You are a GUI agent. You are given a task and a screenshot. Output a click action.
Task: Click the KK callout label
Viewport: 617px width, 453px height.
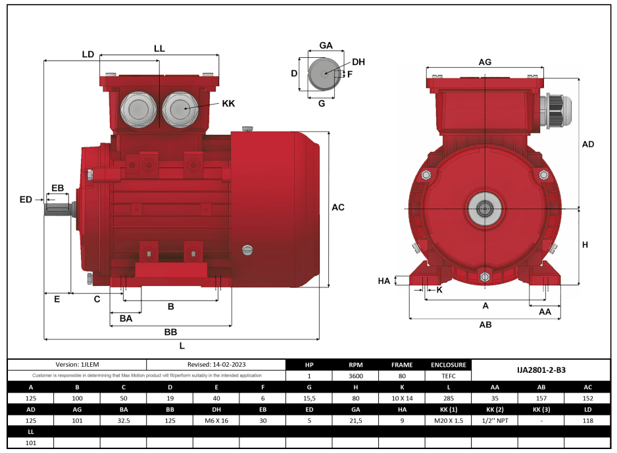[228, 104]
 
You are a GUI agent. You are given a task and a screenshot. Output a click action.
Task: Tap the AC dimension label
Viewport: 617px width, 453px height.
[338, 207]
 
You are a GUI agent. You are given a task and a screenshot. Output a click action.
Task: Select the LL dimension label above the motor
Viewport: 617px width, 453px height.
[159, 49]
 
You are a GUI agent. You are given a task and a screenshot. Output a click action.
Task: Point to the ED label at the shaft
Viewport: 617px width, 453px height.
[26, 199]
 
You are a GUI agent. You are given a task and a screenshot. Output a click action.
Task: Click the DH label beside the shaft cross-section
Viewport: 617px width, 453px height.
[358, 62]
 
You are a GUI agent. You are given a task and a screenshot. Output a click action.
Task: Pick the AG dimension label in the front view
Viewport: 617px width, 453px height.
[485, 62]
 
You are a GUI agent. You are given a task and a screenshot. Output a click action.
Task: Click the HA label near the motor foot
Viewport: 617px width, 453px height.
[384, 281]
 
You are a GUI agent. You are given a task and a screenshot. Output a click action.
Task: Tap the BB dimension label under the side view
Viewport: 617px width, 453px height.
[170, 331]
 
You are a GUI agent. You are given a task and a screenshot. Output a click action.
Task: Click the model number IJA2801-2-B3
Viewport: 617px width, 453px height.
[541, 370]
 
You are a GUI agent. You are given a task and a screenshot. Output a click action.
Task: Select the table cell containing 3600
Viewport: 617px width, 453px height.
[356, 376]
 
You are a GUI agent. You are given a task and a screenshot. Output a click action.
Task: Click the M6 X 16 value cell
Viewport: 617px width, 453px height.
[216, 421]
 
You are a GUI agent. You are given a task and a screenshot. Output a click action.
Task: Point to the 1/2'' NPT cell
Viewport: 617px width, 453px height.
[495, 421]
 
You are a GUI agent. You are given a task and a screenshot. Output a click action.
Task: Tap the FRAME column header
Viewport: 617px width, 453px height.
[402, 364]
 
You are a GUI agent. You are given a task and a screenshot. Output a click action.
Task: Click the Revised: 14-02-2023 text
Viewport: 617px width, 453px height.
[216, 364]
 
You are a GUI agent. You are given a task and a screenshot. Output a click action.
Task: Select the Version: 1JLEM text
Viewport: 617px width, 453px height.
[77, 364]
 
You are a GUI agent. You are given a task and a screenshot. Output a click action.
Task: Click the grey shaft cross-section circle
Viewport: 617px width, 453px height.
[322, 74]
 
